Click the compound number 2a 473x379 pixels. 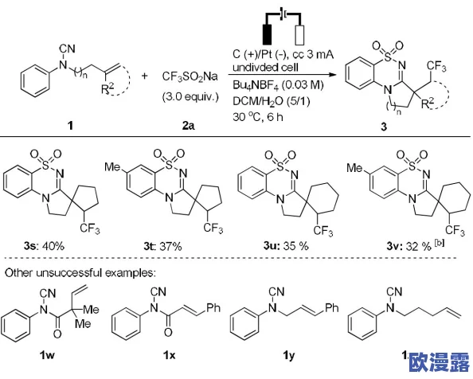(189, 126)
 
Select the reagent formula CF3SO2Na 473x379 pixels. (190, 76)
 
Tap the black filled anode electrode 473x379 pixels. (268, 34)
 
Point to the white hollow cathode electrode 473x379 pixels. (299, 35)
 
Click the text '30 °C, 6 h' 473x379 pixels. (258, 116)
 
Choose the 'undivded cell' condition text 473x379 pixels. (265, 67)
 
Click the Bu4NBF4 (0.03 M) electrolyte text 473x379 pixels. (278, 85)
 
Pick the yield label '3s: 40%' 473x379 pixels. (44, 246)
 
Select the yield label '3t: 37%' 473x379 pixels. (163, 246)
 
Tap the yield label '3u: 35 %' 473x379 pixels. (286, 246)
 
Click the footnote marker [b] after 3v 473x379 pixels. (440, 242)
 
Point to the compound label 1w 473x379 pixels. (47, 355)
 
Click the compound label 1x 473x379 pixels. (170, 355)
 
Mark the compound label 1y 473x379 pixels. (289, 356)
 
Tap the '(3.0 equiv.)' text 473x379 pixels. (190, 97)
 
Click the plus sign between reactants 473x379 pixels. (144, 76)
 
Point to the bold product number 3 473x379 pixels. (384, 127)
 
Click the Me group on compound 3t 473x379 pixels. (112, 166)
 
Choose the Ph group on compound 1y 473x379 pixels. (331, 307)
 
